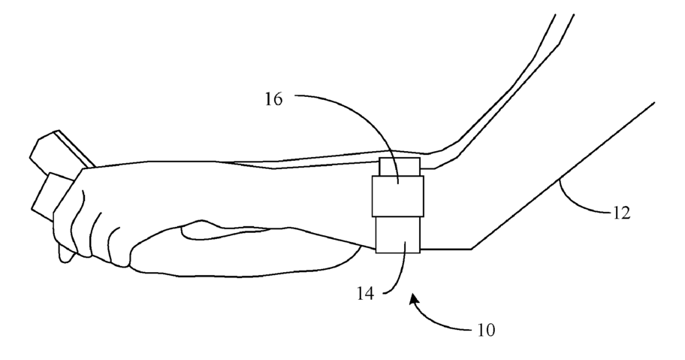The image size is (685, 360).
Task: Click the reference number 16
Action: [x=273, y=99]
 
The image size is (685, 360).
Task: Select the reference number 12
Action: [x=621, y=213]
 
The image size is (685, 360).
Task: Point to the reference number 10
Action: [x=486, y=329]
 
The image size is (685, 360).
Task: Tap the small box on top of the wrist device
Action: [x=399, y=166]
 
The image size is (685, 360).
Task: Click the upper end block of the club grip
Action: [x=56, y=150]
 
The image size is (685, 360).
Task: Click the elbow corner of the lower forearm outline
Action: [x=471, y=249]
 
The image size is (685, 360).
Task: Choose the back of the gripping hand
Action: [x=150, y=188]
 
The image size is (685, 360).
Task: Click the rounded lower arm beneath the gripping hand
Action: [x=248, y=252]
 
